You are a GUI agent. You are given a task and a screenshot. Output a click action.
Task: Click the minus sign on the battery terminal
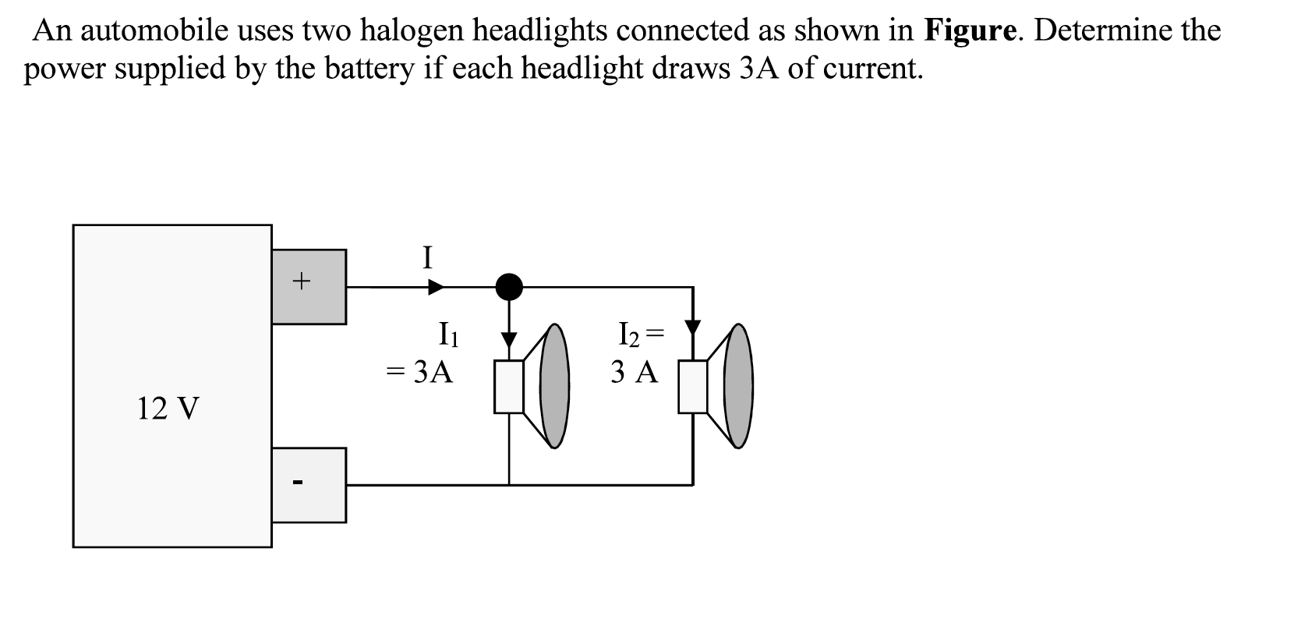[296, 483]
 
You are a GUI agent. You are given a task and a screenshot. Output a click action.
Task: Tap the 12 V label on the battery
[168, 408]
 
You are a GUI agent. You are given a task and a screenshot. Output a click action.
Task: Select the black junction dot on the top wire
[510, 287]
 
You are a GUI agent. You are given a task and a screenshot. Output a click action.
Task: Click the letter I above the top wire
[426, 257]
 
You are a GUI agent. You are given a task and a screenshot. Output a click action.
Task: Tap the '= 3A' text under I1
[421, 373]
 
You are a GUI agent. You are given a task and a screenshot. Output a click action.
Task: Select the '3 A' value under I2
[635, 373]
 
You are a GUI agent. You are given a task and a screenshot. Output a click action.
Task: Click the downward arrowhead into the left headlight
[509, 340]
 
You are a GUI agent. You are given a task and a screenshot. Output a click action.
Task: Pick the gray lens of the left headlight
[555, 386]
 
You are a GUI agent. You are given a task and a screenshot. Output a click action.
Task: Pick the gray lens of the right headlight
[740, 386]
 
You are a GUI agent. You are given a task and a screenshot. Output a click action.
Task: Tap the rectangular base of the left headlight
[509, 387]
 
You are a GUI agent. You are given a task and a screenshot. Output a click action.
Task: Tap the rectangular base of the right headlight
[693, 387]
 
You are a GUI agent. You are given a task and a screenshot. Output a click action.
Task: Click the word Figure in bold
[970, 30]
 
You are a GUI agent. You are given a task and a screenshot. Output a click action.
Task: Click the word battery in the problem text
[369, 69]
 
